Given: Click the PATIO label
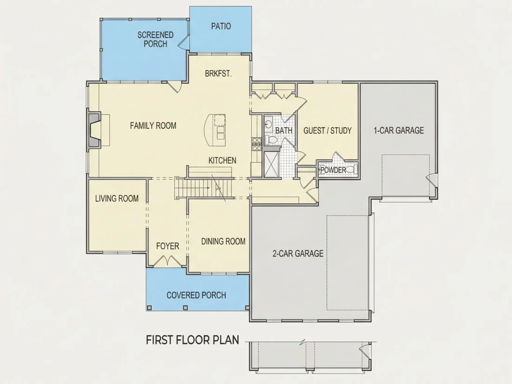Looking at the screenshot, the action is pyautogui.click(x=221, y=26).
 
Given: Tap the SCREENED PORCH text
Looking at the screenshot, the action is pyautogui.click(x=155, y=39).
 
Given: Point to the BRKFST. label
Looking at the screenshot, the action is pyautogui.click(x=218, y=74).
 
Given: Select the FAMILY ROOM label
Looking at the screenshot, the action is pyautogui.click(x=153, y=125).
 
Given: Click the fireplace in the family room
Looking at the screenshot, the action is pyautogui.click(x=94, y=130).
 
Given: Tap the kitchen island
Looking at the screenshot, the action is pyautogui.click(x=215, y=131).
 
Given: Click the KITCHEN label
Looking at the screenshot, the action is pyautogui.click(x=222, y=160).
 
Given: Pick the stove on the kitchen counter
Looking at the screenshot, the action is pyautogui.click(x=256, y=144).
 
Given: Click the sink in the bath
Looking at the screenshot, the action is pyautogui.click(x=269, y=124).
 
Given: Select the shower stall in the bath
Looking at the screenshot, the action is pyautogui.click(x=272, y=164).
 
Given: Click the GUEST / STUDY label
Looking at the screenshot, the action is pyautogui.click(x=328, y=131).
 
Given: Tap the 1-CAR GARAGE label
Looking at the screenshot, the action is pyautogui.click(x=399, y=130).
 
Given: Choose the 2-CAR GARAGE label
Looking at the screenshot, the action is pyautogui.click(x=298, y=253).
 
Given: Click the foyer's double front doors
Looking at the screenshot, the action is pyautogui.click(x=167, y=261).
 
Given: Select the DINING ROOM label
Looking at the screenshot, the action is pyautogui.click(x=223, y=241).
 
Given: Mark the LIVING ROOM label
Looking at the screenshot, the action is pyautogui.click(x=117, y=199).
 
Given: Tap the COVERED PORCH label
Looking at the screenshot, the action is pyautogui.click(x=196, y=295).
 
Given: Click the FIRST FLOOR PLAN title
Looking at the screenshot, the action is pyautogui.click(x=192, y=340).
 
